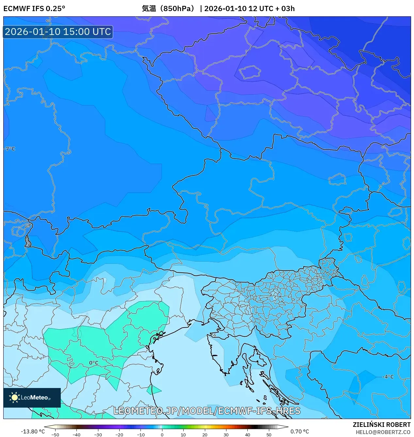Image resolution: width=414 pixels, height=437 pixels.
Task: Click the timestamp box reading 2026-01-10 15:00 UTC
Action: [58, 32]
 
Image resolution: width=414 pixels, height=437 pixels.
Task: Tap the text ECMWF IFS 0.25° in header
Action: [34, 8]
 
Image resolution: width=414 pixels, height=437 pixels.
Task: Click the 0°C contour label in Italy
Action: [94, 363]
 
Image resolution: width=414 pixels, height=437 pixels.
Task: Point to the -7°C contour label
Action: [10, 149]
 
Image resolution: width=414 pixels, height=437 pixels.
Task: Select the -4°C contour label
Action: [388, 377]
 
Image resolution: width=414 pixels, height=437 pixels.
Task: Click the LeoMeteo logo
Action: [32, 397]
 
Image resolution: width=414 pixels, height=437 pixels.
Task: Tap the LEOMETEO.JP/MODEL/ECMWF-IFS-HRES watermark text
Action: [207, 411]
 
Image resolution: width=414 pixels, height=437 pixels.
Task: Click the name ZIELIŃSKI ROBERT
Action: [381, 425]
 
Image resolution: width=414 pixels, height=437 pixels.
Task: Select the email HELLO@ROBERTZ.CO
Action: [383, 432]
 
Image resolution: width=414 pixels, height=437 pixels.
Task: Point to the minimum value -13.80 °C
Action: [33, 431]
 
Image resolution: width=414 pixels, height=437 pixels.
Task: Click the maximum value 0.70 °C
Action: [300, 431]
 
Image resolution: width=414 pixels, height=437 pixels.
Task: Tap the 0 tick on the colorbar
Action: [162, 434]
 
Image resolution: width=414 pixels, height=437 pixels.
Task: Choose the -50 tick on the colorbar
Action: [55, 434]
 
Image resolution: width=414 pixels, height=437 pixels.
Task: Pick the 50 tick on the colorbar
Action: [269, 434]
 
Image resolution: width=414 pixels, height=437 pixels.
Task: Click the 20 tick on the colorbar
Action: [205, 434]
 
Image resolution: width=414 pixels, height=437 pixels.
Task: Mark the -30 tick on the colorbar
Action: [98, 434]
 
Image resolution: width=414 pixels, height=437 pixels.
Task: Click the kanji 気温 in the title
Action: [149, 8]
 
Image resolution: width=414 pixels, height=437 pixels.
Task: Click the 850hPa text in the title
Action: [179, 8]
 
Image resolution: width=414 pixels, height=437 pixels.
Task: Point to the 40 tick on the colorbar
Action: [247, 434]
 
